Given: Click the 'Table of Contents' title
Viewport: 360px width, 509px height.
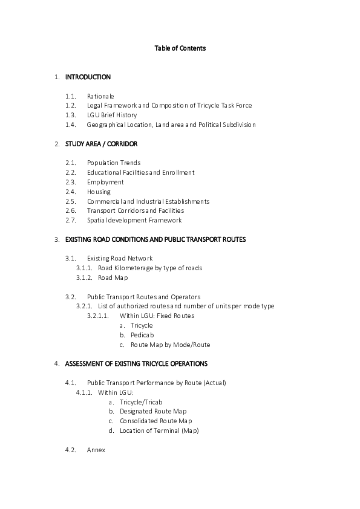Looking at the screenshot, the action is pos(180,48).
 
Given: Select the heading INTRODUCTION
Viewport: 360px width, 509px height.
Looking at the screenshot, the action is pos(88,77).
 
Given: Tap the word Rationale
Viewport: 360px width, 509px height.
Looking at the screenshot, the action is pos(100,96).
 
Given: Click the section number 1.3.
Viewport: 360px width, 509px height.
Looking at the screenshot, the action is pos(70,115).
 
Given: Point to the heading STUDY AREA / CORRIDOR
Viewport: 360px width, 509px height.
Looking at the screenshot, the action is pos(101,144).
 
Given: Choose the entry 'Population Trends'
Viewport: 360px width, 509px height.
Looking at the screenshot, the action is pos(114,163).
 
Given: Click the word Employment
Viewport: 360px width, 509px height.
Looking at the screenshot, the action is pos(105,182).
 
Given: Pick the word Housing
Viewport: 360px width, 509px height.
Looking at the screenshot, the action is pos(99,192).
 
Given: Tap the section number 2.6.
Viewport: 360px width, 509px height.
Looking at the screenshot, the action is pos(70,210).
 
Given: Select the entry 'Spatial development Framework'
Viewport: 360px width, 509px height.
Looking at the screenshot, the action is pos(134,220).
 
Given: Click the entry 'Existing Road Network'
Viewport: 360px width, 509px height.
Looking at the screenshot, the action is pos(120,259).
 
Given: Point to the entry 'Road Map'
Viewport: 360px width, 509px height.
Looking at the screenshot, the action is pos(113,277).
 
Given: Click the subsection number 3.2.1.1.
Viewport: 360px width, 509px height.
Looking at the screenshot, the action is pos(98,316).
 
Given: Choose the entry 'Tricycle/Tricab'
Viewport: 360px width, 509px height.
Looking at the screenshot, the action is pos(141,402).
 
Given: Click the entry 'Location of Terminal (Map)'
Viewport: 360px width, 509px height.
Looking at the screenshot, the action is pos(159,431).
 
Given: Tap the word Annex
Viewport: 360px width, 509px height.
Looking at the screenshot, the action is pos(96,450).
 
